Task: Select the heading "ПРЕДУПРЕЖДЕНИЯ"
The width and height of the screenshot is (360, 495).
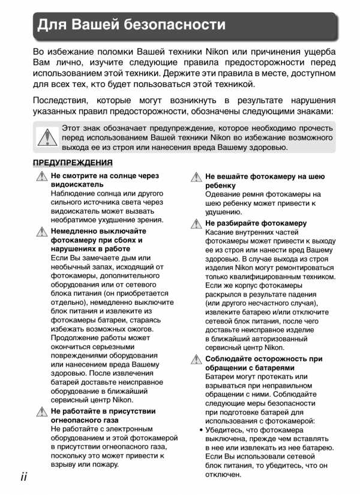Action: tap(73, 163)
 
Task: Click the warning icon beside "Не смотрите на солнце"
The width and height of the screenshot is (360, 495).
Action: tap(41, 176)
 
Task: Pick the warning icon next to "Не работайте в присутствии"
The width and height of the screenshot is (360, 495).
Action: tap(41, 412)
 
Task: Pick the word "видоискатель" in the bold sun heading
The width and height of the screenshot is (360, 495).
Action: tap(73, 185)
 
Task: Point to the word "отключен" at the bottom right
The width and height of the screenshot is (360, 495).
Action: tap(223, 474)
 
